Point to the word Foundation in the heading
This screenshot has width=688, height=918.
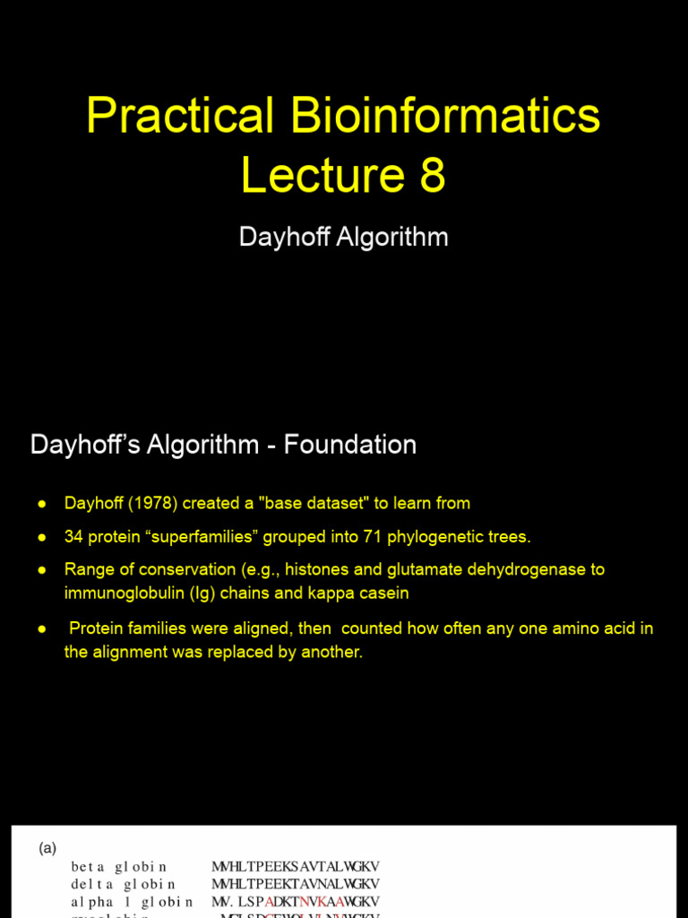pos(350,445)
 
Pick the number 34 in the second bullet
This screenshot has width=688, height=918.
pos(73,537)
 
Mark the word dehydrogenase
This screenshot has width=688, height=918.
pos(529,569)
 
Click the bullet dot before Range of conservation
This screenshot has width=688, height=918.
pos(41,569)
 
